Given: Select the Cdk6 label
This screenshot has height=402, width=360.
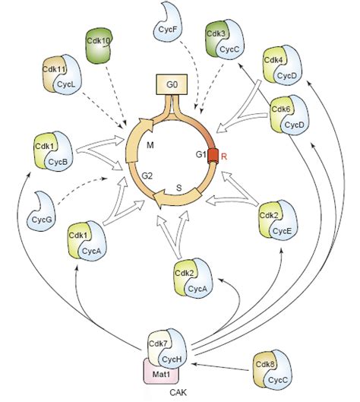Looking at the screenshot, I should click(282, 109).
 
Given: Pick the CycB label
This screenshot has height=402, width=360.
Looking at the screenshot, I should click(61, 160).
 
